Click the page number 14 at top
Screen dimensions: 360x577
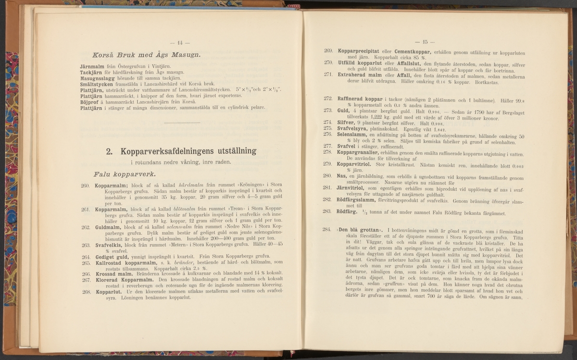click(x=170, y=42)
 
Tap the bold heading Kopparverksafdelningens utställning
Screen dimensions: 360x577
click(x=181, y=151)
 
